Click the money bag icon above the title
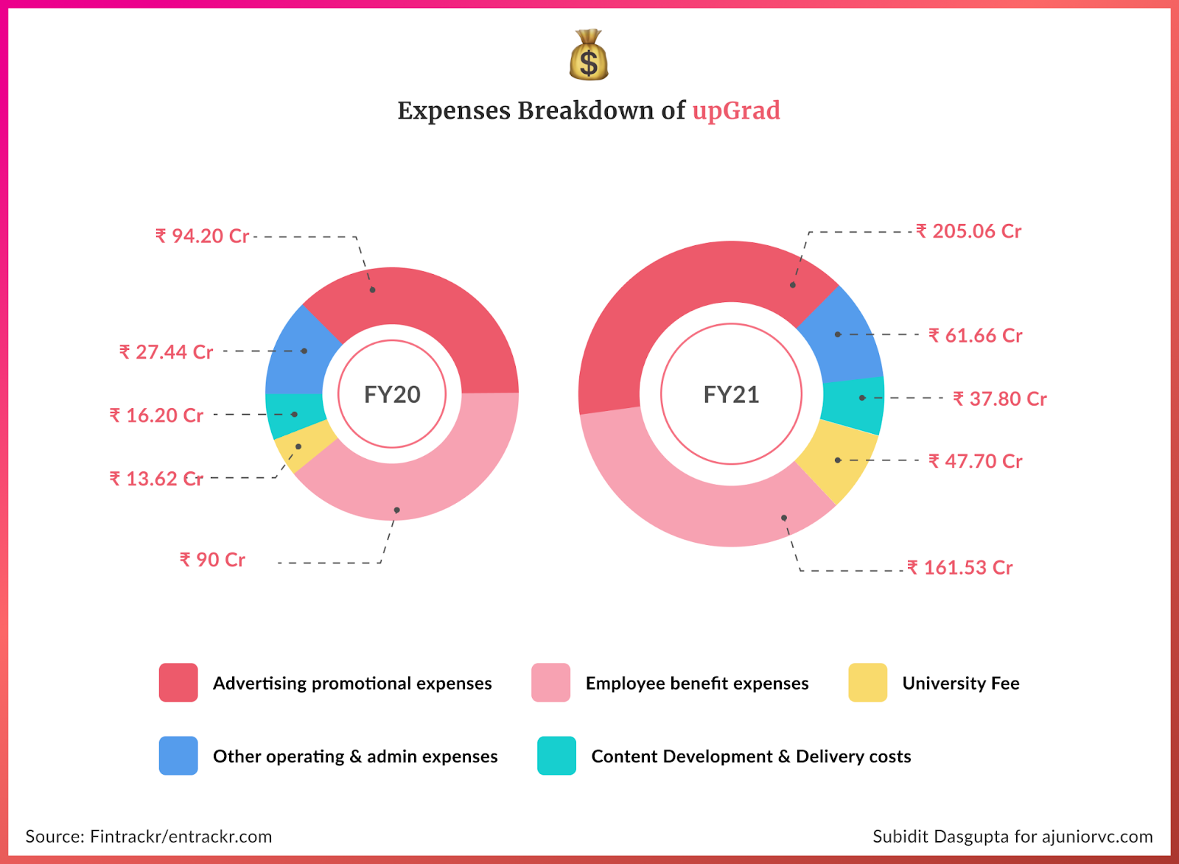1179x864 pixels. pos(589,55)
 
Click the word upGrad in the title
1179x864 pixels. pos(735,110)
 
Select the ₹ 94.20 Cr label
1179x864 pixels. pos(202,236)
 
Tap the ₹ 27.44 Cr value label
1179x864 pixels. pos(166,352)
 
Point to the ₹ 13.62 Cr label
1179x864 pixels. pos(155,479)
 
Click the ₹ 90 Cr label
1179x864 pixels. pos(212,560)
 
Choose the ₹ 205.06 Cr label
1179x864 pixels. pos(968,231)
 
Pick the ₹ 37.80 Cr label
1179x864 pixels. pos(999,399)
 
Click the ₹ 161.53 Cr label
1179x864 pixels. pos(959,568)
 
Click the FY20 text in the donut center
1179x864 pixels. pos(392,395)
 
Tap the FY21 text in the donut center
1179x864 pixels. pos(731,395)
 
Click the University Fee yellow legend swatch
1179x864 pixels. pos(867,683)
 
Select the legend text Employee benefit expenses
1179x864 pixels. pos(696,684)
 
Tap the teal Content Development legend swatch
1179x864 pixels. pos(556,756)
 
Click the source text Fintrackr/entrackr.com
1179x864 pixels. pos(181,837)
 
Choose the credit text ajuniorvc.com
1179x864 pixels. pos(1097,837)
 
